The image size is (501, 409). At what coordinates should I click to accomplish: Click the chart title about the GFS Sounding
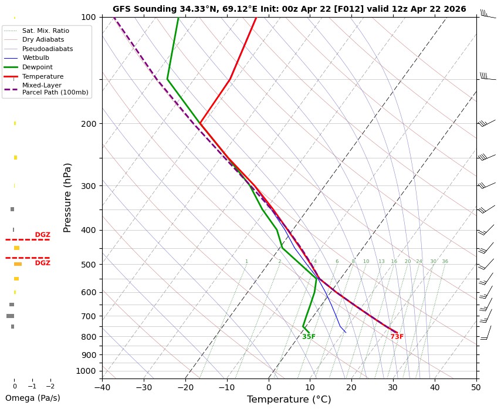[289, 9]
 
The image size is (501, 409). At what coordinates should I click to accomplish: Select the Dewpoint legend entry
[38, 67]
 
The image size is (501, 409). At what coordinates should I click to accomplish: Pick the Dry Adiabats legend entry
[43, 40]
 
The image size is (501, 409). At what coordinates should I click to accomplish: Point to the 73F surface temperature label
[397, 337]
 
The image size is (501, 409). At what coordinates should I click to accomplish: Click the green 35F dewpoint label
[309, 337]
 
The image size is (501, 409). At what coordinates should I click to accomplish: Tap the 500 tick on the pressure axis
[89, 265]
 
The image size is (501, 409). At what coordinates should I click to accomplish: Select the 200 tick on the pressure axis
[89, 124]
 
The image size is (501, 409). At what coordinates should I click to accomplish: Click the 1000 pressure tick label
[86, 371]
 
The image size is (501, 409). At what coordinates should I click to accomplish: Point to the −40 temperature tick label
[102, 387]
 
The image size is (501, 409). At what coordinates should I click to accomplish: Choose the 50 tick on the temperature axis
[476, 387]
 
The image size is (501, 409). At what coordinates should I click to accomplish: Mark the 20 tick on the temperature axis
[351, 387]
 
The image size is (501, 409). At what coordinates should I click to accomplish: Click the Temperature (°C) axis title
[289, 400]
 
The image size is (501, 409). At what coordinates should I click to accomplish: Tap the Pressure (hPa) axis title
[67, 197]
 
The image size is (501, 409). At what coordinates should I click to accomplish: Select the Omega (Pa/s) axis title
[33, 398]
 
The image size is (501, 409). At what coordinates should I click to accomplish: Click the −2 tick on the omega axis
[50, 387]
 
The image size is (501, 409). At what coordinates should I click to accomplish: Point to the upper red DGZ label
[43, 235]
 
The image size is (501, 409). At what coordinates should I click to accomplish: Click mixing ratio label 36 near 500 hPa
[445, 262]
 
